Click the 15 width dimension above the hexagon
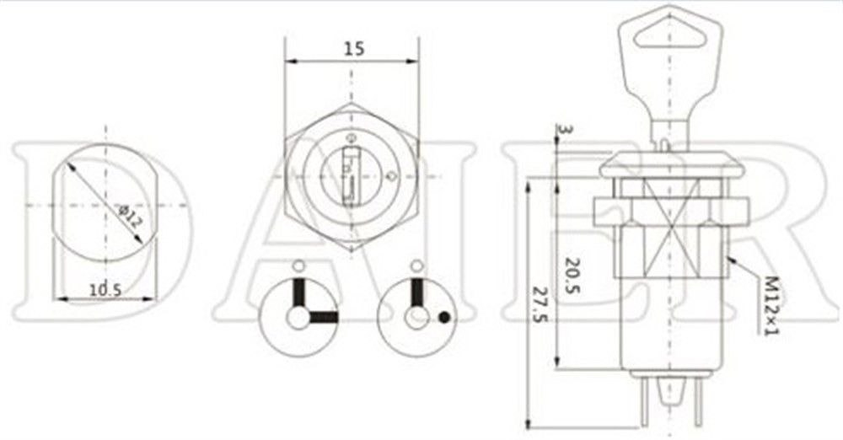pos(353,49)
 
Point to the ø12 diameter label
pos(129,215)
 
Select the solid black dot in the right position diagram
pos(443,319)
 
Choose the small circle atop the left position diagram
pos(297,267)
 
